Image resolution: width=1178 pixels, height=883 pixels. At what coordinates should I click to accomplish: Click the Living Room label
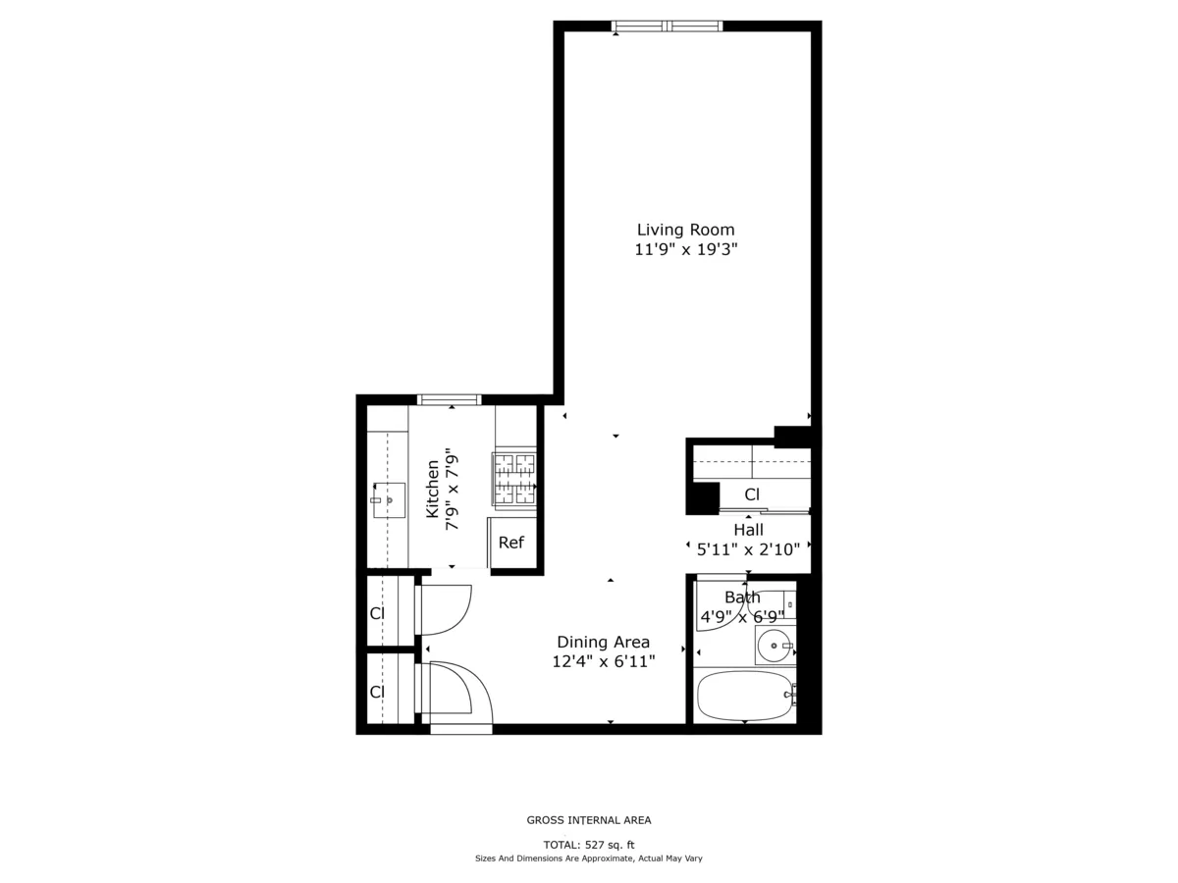[685, 230]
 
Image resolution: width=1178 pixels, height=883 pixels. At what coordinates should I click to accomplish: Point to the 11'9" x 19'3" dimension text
[685, 250]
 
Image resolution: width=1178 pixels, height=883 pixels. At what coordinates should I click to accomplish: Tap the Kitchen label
[432, 490]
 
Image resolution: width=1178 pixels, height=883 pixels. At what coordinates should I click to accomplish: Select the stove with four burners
[514, 479]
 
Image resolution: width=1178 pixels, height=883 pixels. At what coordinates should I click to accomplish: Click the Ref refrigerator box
[511, 543]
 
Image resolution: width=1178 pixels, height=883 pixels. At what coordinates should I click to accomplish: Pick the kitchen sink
[389, 500]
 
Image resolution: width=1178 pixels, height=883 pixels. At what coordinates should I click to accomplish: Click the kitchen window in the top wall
[450, 399]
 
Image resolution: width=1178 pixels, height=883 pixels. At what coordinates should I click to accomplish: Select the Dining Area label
[603, 642]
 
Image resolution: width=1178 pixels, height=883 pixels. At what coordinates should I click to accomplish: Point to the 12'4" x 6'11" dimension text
[603, 662]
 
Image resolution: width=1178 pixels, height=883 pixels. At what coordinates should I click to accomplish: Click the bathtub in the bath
[744, 696]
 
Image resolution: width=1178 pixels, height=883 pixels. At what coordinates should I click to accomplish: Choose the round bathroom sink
[775, 647]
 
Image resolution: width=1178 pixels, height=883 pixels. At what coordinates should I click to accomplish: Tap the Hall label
[748, 530]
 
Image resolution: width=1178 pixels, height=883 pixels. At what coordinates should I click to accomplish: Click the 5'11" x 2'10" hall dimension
[748, 549]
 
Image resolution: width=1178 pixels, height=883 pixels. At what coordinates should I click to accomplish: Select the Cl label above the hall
[752, 494]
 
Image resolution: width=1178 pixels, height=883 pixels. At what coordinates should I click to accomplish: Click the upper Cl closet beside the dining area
[377, 613]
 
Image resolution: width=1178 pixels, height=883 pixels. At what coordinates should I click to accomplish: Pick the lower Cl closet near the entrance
[377, 692]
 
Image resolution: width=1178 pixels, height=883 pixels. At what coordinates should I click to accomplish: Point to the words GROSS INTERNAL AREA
[589, 820]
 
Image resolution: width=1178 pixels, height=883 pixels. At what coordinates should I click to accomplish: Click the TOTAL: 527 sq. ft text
[589, 845]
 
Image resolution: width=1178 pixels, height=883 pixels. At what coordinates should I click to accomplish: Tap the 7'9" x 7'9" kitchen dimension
[453, 490]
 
